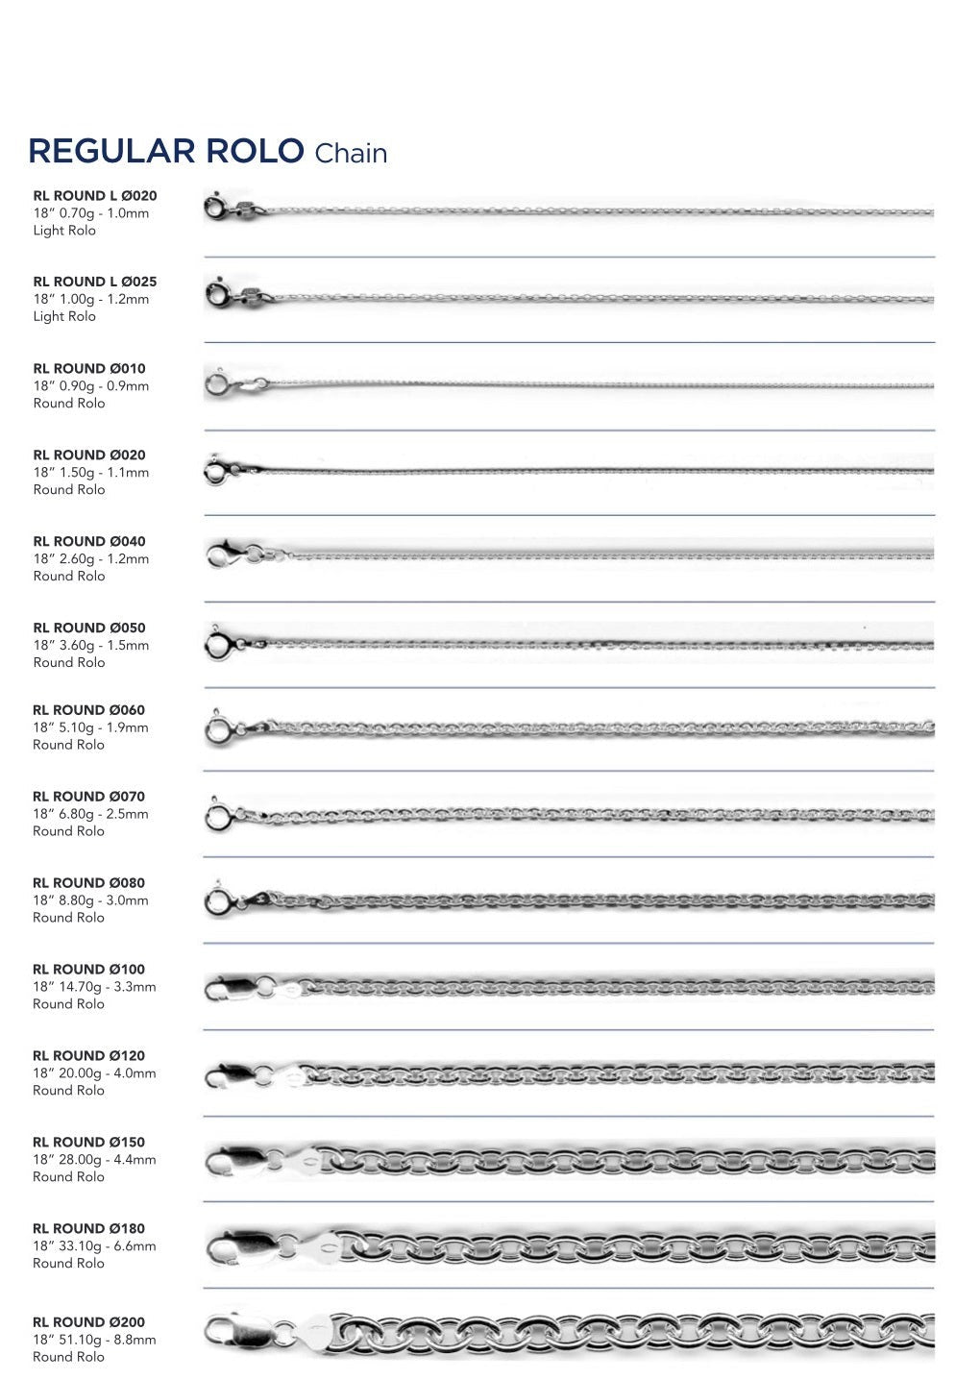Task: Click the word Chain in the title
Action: click(351, 154)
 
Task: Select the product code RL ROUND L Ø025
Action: click(95, 282)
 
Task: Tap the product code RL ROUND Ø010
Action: click(89, 368)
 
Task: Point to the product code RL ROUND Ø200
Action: click(89, 1321)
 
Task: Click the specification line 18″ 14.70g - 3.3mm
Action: click(94, 987)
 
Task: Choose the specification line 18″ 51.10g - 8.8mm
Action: click(94, 1340)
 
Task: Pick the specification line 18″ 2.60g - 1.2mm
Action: click(91, 558)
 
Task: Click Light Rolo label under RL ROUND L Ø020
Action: click(64, 231)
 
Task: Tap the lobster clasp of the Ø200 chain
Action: click(233, 1332)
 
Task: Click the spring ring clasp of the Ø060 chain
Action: click(218, 729)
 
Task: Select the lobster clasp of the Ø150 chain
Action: click(233, 1161)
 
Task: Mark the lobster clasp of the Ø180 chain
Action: click(235, 1247)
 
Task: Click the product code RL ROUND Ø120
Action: click(89, 1055)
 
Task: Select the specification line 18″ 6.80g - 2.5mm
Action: click(91, 814)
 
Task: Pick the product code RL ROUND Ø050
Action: click(89, 628)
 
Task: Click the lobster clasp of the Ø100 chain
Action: click(231, 988)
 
